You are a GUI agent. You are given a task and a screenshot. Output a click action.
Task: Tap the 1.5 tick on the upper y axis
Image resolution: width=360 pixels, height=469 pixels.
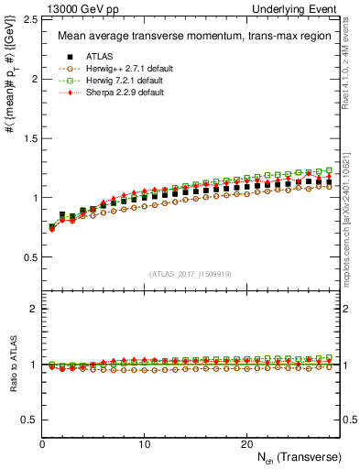point(29,138)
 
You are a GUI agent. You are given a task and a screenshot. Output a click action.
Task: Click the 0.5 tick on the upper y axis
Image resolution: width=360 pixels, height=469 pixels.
point(29,257)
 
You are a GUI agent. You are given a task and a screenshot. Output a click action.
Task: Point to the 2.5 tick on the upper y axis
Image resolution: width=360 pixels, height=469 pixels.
point(29,19)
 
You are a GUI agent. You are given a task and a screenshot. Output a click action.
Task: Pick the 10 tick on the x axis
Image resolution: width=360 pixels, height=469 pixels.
point(145,443)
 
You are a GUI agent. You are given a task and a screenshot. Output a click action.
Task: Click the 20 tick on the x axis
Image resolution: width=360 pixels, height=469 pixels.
point(246,443)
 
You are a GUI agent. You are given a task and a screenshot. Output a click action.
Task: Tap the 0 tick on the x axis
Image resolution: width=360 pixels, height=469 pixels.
point(43,443)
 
